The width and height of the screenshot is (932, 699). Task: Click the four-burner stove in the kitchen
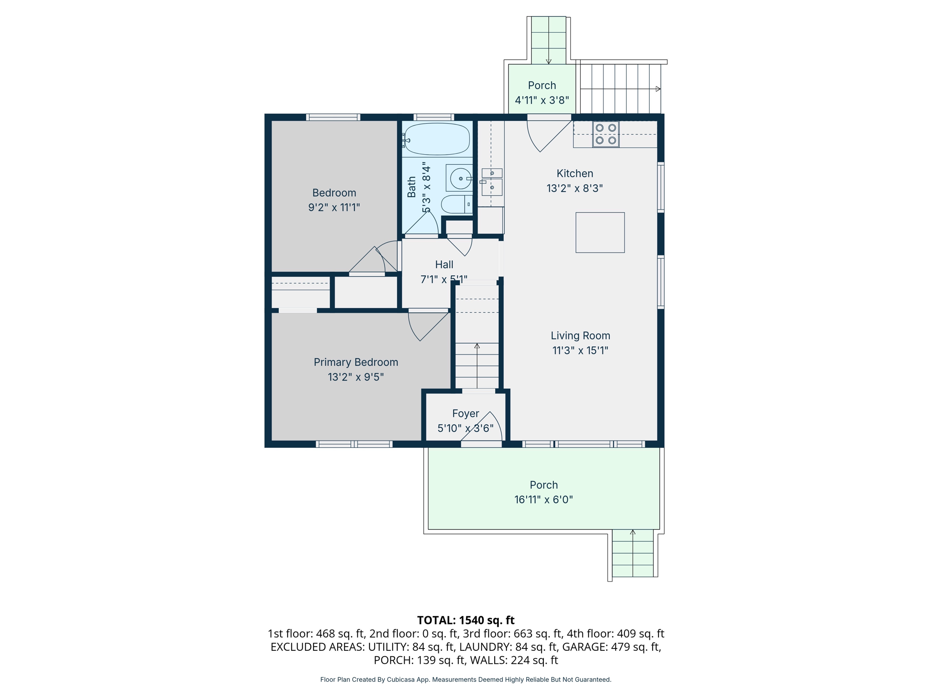tap(606, 134)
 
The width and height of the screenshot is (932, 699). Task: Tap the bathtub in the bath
tap(436, 139)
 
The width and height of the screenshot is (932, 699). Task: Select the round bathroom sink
tap(460, 178)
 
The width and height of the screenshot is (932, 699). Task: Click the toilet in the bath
tap(456, 204)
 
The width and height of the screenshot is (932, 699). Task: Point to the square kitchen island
tap(600, 233)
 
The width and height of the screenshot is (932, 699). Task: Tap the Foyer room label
tap(466, 413)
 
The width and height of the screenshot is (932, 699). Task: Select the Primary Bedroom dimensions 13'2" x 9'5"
tap(356, 377)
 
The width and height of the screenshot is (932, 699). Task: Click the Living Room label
tap(580, 335)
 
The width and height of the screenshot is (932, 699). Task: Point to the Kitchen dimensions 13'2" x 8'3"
tap(574, 188)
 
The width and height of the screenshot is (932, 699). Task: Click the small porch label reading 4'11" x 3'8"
tap(542, 100)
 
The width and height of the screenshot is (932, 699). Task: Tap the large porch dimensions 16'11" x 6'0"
tap(543, 499)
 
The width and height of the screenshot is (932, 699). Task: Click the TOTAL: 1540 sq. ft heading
tap(466, 620)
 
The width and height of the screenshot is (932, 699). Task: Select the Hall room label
tap(444, 264)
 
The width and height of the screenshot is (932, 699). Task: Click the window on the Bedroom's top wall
tap(333, 117)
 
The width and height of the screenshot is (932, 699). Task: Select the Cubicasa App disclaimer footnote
tap(466, 679)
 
